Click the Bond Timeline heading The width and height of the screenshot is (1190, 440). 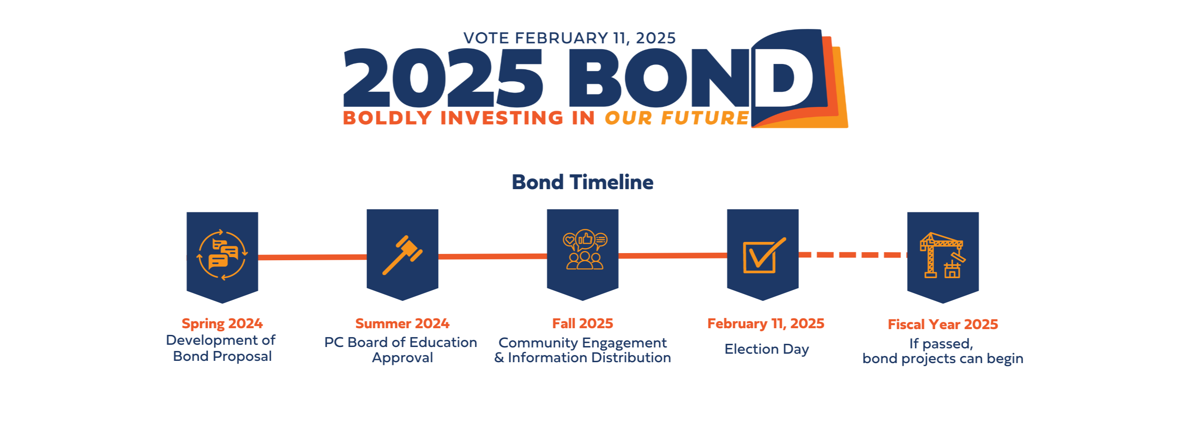tap(582, 182)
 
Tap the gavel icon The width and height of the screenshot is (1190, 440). tap(402, 255)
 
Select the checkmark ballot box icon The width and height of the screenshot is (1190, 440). tap(763, 255)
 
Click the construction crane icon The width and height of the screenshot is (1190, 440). tap(943, 255)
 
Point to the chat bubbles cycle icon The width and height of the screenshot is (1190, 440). tap(222, 255)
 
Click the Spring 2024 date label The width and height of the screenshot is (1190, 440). tap(222, 323)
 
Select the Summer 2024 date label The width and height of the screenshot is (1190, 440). tap(402, 323)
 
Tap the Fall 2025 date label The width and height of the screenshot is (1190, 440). tap(583, 323)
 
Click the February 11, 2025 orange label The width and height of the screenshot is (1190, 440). tap(765, 323)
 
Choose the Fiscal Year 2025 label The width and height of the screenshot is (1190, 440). tap(943, 324)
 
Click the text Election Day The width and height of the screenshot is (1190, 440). tap(766, 349)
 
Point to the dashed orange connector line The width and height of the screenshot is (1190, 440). tap(852, 255)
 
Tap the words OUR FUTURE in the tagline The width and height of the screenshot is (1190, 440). tap(676, 118)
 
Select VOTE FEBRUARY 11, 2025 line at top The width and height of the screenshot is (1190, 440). tap(569, 38)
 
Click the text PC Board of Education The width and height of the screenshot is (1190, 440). tap(401, 342)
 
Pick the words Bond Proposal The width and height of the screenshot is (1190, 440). tap(222, 356)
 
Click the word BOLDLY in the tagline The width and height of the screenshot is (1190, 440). tap(387, 118)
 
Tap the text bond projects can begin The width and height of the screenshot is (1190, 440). tap(943, 359)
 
